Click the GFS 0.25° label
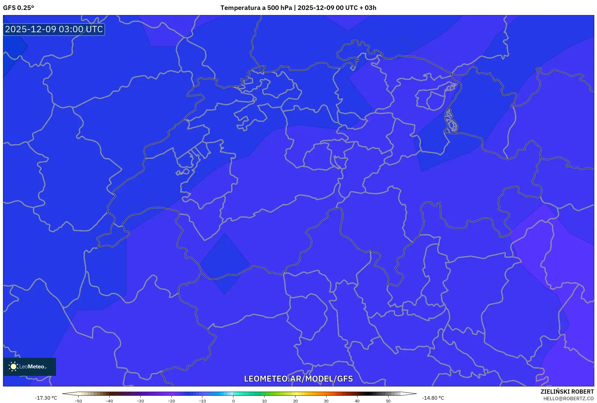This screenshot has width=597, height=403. pyautogui.click(x=18, y=8)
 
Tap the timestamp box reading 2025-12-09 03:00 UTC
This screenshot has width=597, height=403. pyautogui.click(x=54, y=29)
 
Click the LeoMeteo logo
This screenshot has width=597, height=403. pyautogui.click(x=30, y=367)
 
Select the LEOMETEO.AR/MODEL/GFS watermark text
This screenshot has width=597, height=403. pyautogui.click(x=298, y=379)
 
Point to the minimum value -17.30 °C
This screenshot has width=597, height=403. pyautogui.click(x=46, y=398)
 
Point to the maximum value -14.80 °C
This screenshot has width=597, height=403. pyautogui.click(x=433, y=398)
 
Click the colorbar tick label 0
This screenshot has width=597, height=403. pyautogui.click(x=233, y=401)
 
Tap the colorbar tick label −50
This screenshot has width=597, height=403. pyautogui.click(x=78, y=401)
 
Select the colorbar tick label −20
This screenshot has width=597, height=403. pyautogui.click(x=171, y=401)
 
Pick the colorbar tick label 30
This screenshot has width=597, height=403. pyautogui.click(x=326, y=401)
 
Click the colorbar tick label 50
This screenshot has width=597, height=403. pyautogui.click(x=388, y=401)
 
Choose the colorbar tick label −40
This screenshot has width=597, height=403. pyautogui.click(x=109, y=401)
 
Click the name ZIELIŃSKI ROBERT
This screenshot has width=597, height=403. pyautogui.click(x=567, y=392)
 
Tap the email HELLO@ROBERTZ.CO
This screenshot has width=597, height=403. pyautogui.click(x=568, y=398)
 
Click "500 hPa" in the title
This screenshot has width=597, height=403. pyautogui.click(x=280, y=8)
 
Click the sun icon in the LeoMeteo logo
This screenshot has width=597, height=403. pyautogui.click(x=13, y=367)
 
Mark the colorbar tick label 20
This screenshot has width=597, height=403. pyautogui.click(x=295, y=401)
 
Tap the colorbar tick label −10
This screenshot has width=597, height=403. pyautogui.click(x=202, y=401)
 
